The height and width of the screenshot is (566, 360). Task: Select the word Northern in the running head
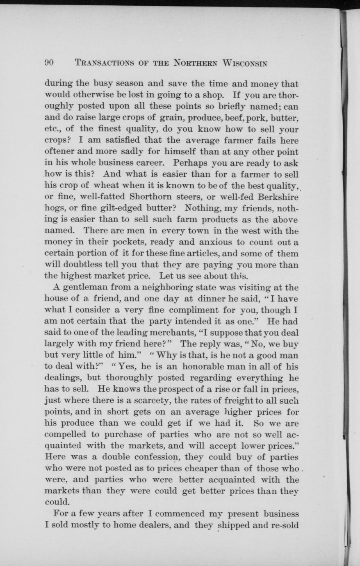coord(194,63)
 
